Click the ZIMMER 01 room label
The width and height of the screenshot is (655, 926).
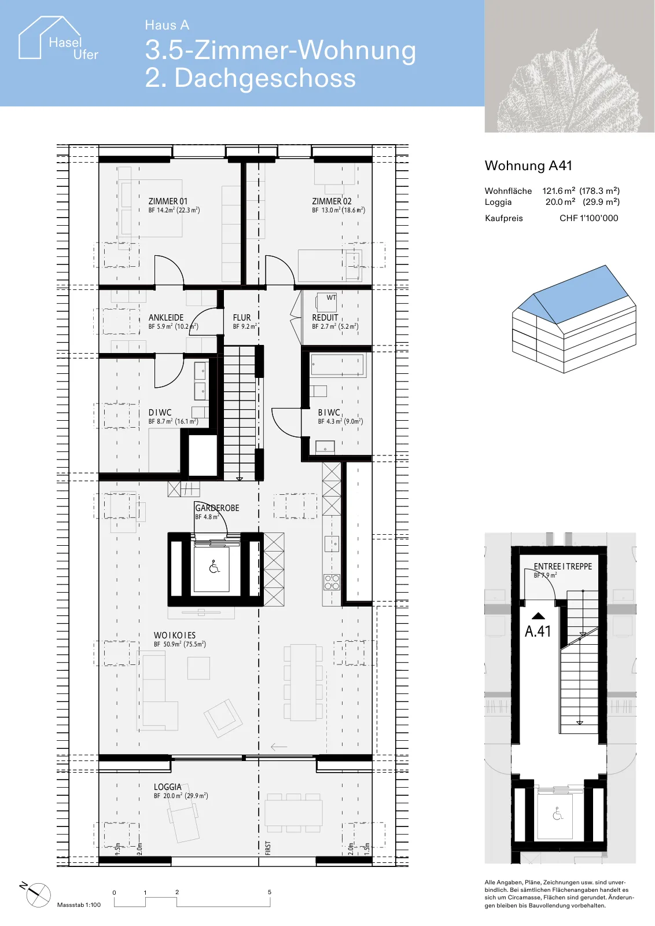[168, 201]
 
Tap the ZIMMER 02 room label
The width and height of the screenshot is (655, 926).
[332, 201]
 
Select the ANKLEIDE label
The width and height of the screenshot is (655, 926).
[165, 318]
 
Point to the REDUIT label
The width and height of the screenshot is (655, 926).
[325, 318]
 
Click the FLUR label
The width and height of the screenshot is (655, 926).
[242, 318]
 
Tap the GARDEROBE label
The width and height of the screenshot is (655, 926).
[217, 508]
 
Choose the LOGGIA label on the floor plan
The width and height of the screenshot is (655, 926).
[167, 787]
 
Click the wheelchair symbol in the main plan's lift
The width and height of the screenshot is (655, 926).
[214, 567]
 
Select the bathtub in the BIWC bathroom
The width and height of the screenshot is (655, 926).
[337, 365]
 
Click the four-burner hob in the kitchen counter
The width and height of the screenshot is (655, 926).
[332, 582]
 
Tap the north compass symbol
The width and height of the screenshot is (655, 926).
[36, 895]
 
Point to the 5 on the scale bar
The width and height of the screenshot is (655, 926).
[270, 892]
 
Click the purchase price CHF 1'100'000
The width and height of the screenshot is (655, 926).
[589, 218]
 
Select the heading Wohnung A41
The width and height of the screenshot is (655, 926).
[528, 166]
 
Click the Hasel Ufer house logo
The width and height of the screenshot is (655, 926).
[58, 38]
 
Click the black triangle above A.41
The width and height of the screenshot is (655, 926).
[538, 616]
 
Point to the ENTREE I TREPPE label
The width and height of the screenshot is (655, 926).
[563, 567]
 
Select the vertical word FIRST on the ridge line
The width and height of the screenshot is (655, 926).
[268, 848]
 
